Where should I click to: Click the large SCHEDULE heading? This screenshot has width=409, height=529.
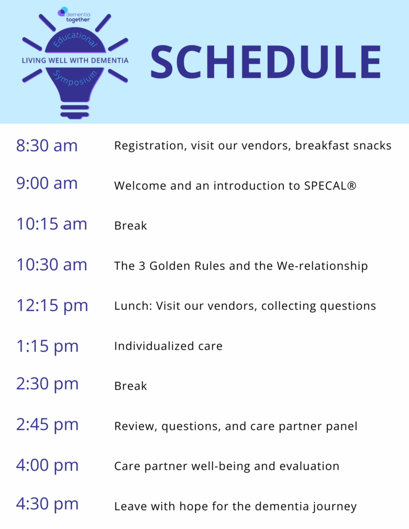pyautogui.click(x=266, y=62)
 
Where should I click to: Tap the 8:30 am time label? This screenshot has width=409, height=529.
pyautogui.click(x=47, y=146)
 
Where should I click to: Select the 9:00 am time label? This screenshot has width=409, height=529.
pyautogui.click(x=47, y=183)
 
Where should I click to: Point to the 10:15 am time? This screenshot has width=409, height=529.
pyautogui.click(x=52, y=224)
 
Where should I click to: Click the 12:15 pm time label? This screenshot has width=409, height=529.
pyautogui.click(x=52, y=306)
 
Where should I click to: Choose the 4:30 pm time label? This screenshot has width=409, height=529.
pyautogui.click(x=47, y=504)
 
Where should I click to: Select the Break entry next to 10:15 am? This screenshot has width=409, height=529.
pyautogui.click(x=131, y=226)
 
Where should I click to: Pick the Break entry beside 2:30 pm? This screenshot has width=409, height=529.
pyautogui.click(x=131, y=386)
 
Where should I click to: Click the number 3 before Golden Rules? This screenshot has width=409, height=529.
pyautogui.click(x=142, y=266)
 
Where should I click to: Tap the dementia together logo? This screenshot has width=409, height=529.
pyautogui.click(x=74, y=15)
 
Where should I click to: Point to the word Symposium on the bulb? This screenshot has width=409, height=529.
pyautogui.click(x=75, y=79)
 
